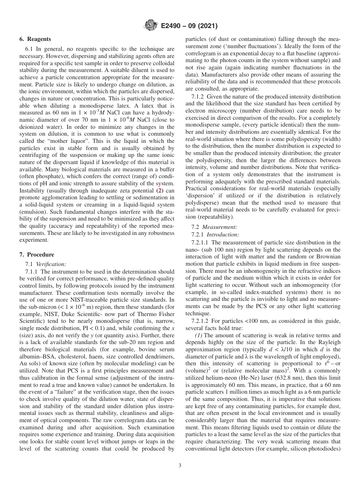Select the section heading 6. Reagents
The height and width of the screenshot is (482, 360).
(x=35, y=39)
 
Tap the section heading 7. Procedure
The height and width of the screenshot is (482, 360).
(x=37, y=255)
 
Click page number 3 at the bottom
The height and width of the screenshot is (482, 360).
(x=180, y=466)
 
